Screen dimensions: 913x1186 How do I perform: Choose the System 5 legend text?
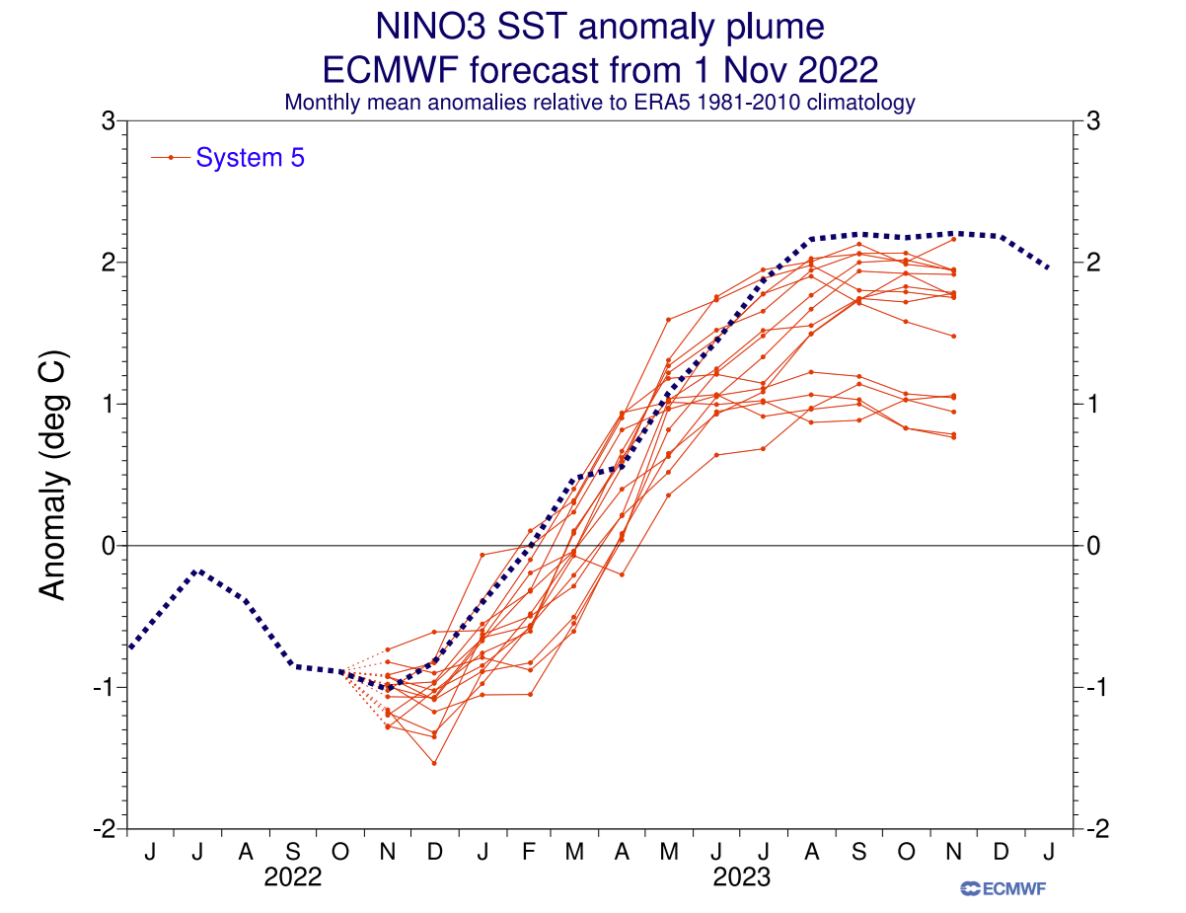(251, 157)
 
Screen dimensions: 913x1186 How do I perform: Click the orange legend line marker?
(172, 157)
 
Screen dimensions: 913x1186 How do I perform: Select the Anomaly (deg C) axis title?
(52, 474)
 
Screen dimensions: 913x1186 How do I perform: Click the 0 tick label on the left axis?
(110, 545)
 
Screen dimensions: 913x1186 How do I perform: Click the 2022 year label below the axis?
(293, 877)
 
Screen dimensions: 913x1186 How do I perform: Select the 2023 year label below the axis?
(742, 877)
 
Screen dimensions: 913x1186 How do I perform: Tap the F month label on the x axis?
(529, 851)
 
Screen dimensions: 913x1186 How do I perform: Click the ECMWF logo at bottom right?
(1003, 888)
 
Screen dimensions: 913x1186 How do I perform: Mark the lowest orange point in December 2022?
(434, 763)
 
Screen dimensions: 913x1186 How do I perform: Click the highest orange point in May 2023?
(669, 319)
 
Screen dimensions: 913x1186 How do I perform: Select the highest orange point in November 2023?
(954, 239)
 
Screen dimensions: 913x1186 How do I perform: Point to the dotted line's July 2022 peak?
(198, 571)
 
